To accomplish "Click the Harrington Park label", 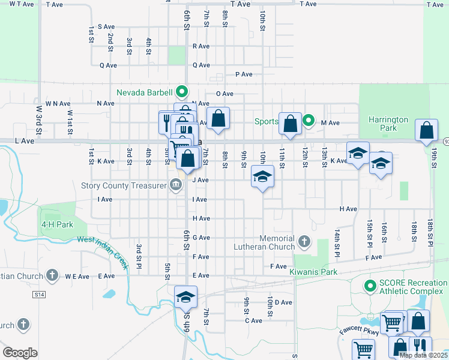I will point(388,124).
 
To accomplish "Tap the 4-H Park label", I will point(57,224).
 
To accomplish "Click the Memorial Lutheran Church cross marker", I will point(304,242).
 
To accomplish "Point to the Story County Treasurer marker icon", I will point(176,185).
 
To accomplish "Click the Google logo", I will point(20,352).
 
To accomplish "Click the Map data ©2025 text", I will point(423,355).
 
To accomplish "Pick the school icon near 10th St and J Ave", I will point(262,177).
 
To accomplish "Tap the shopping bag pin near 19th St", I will point(426,130).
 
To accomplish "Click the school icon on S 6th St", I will point(186,296).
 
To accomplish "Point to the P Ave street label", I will point(244,74).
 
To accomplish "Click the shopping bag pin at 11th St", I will point(290,124).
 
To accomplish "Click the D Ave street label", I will point(283,302).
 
